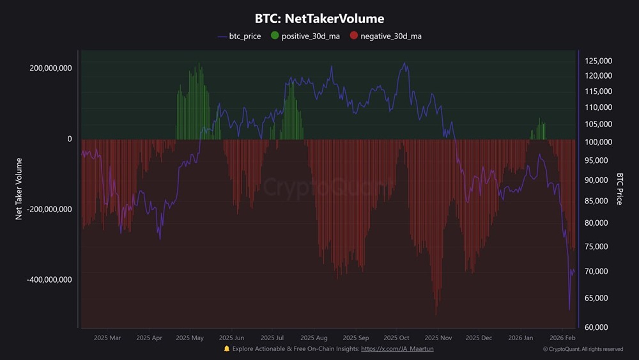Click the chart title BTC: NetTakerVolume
click(x=319, y=19)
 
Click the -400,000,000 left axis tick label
click(x=49, y=279)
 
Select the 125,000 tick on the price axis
click(x=599, y=61)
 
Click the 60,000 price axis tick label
click(x=597, y=327)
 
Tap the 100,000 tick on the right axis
click(x=599, y=142)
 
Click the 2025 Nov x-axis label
click(x=438, y=338)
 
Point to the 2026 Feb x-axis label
click(x=563, y=338)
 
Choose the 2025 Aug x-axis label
click(x=313, y=338)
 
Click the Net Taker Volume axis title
click(x=19, y=189)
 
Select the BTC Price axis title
click(x=620, y=189)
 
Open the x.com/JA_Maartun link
click(x=397, y=348)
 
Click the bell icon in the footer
click(x=227, y=348)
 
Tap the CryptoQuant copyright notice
click(x=583, y=349)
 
